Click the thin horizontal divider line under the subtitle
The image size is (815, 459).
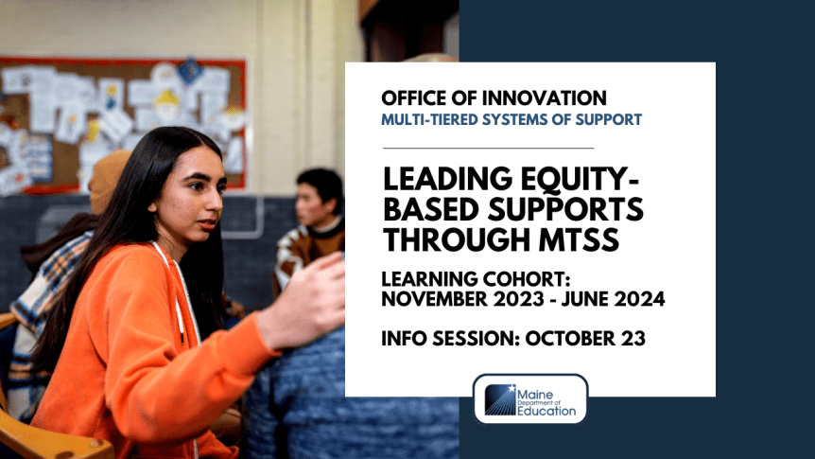tap(488, 149)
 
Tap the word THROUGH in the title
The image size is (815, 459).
tap(450, 240)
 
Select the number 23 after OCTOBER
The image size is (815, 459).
tap(632, 339)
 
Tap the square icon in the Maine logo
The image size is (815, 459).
tap(500, 399)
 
